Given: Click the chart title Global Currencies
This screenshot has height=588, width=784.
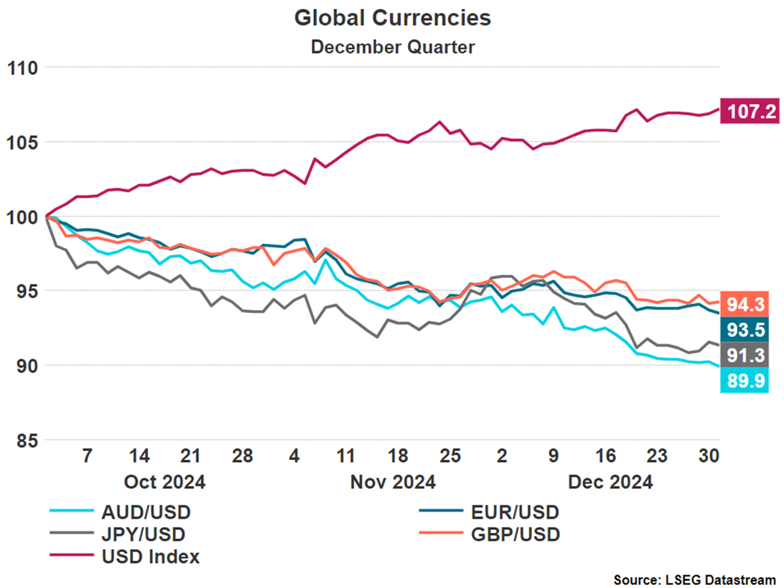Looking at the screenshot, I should (x=392, y=18).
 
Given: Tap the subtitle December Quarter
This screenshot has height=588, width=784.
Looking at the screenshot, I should (x=392, y=46).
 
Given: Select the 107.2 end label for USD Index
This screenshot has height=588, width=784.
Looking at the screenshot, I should (x=749, y=112).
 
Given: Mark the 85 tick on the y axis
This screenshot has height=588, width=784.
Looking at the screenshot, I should (x=27, y=440).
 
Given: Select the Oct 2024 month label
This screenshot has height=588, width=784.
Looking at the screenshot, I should (x=166, y=482).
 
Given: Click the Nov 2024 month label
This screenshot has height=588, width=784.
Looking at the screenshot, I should (x=392, y=482).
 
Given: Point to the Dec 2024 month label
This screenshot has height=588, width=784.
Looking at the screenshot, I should (x=610, y=482).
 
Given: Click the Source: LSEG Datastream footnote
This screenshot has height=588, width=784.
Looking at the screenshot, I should (x=694, y=578).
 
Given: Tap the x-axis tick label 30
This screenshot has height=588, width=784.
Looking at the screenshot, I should (x=709, y=457).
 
